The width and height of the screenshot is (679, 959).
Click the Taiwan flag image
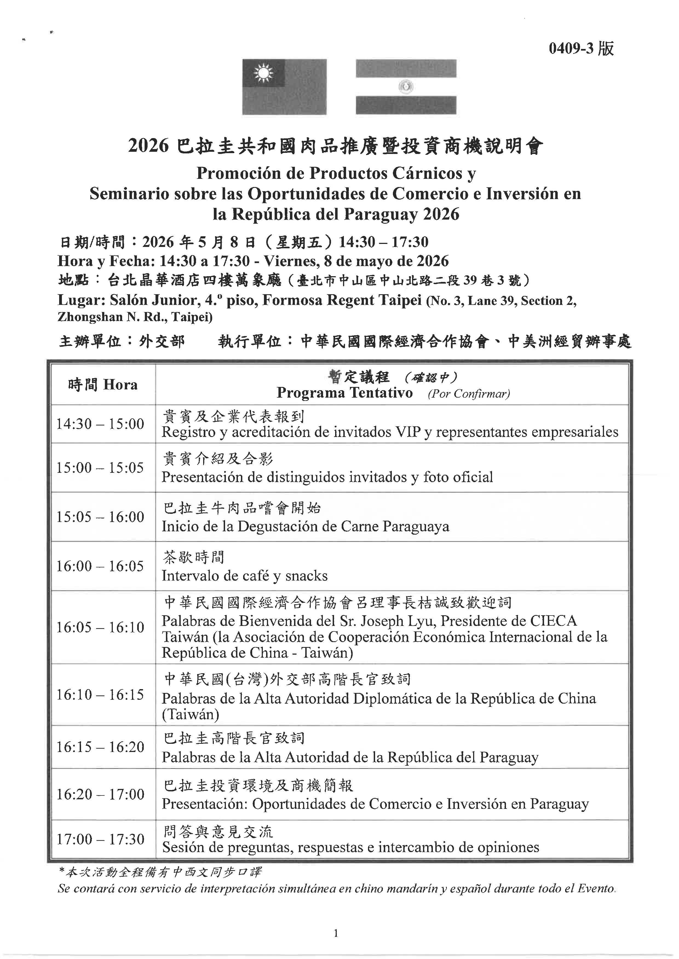(x=284, y=87)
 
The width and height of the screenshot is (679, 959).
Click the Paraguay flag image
(x=406, y=87)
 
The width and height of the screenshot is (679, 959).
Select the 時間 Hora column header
(x=103, y=384)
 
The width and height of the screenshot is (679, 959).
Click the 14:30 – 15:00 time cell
(x=100, y=424)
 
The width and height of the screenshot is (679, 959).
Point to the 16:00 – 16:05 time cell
(x=100, y=566)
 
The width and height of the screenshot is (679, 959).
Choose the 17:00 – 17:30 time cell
(x=100, y=839)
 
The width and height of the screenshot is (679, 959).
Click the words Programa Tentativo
(x=344, y=393)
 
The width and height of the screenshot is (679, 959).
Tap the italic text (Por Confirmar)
(x=469, y=394)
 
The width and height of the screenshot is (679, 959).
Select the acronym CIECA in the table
(x=554, y=621)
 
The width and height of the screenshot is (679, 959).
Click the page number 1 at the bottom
(x=336, y=933)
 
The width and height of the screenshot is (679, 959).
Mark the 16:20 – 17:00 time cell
(x=100, y=794)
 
